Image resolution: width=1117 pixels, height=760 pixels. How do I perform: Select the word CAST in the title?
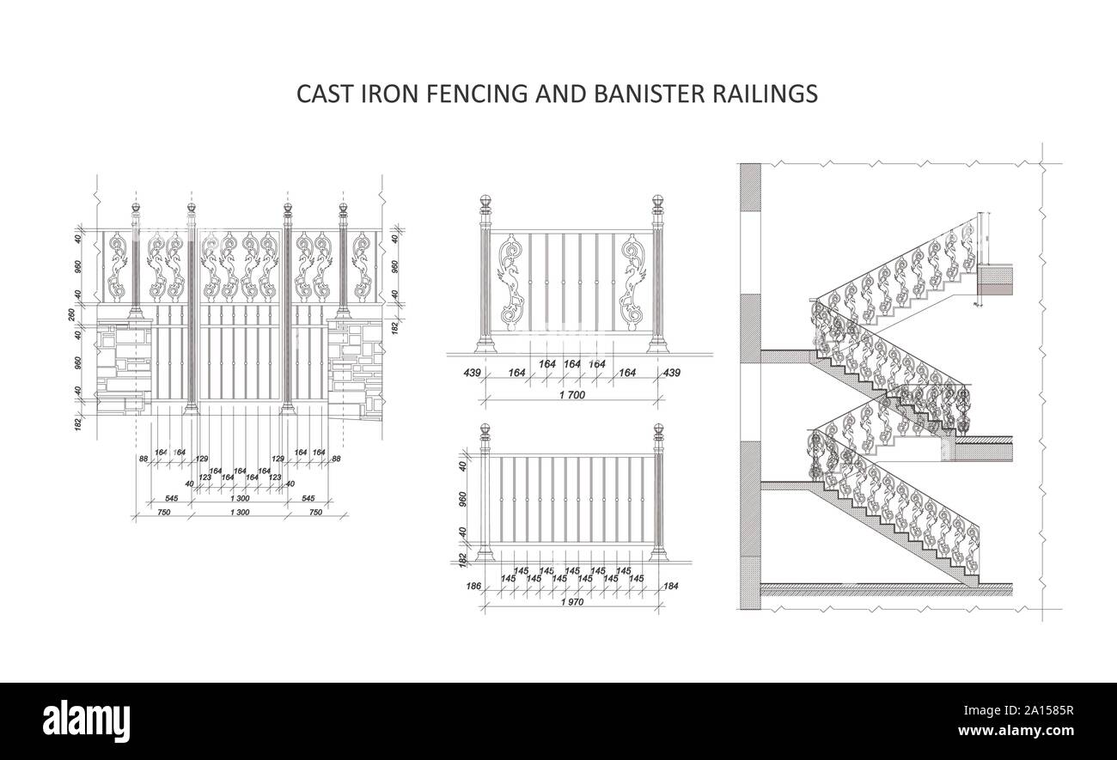(x=322, y=94)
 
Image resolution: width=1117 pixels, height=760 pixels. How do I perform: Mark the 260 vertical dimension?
(x=73, y=313)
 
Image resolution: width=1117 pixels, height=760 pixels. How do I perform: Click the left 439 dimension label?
(x=472, y=373)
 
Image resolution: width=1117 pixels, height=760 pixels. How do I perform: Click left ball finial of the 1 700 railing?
(x=485, y=204)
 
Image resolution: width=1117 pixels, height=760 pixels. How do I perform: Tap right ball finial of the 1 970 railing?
(x=659, y=430)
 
